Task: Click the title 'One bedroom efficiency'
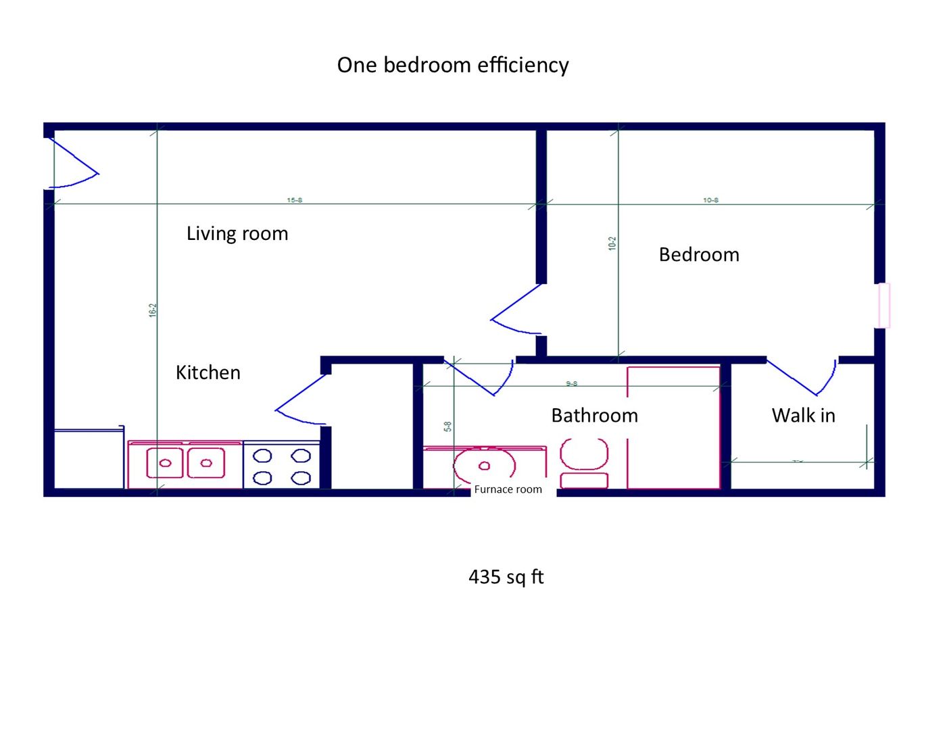point(452,65)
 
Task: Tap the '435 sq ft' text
point(506,577)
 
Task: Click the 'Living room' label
point(237,233)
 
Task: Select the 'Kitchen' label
point(208,372)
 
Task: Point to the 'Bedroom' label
point(698,255)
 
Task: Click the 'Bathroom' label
point(594,415)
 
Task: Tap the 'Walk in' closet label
point(803,415)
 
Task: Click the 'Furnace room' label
point(508,489)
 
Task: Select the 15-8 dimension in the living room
point(294,200)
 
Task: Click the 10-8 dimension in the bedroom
point(710,200)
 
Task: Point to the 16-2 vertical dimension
point(153,310)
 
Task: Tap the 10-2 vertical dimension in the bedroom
point(612,243)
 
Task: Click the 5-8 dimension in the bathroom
point(447,427)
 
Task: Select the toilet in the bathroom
point(584,462)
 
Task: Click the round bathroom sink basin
point(484,466)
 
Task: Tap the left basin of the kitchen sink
point(165,463)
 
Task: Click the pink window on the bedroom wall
point(883,306)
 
